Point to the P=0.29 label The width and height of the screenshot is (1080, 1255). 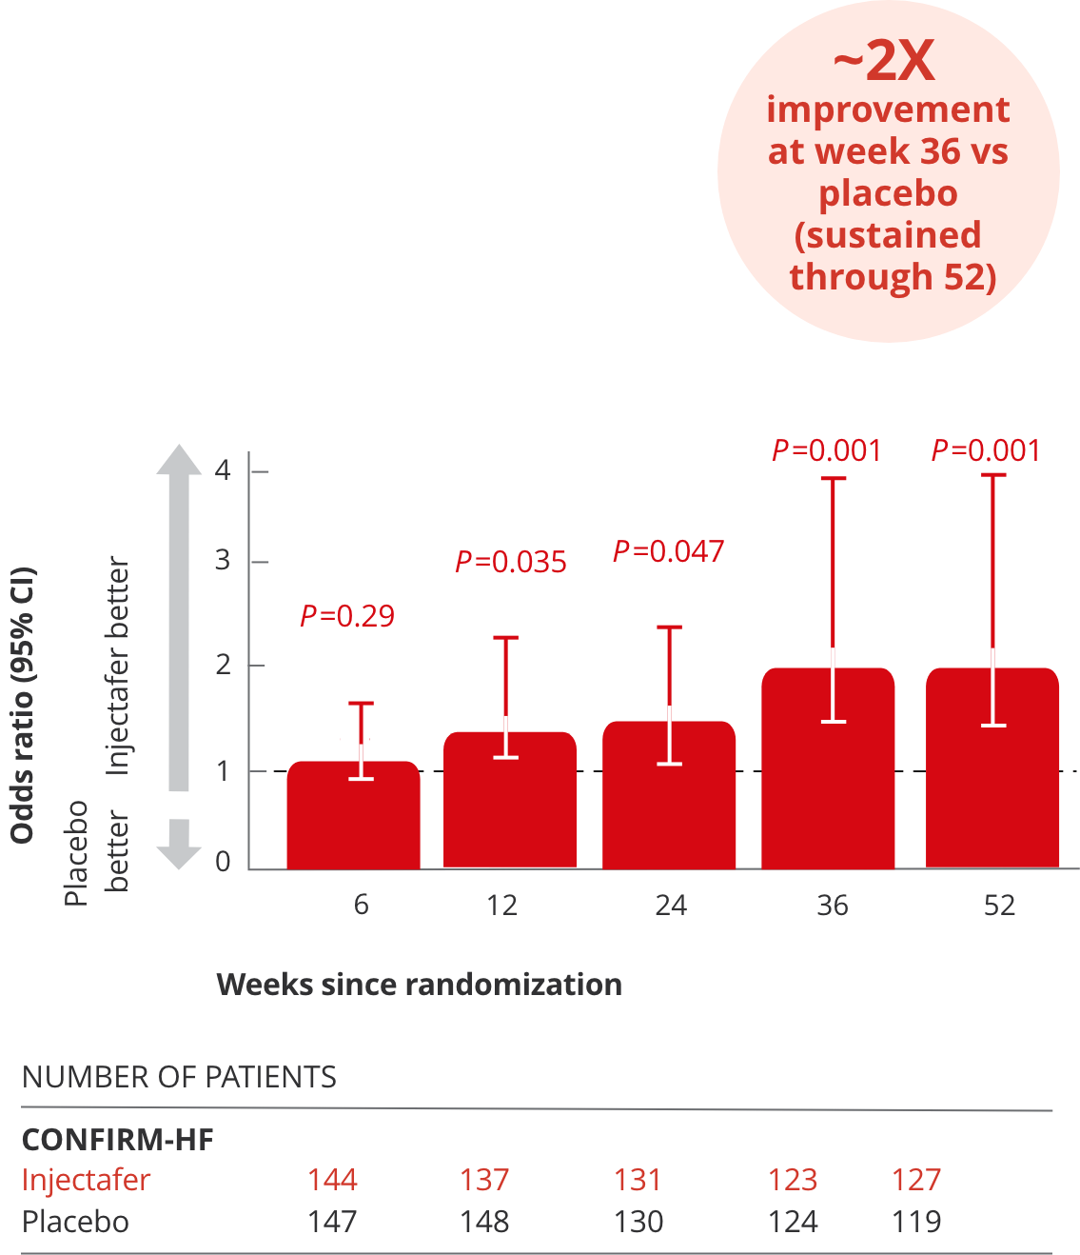tap(347, 616)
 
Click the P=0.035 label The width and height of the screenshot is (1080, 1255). tap(511, 562)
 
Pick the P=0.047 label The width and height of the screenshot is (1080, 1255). tap(669, 551)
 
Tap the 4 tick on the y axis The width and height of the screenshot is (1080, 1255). tap(224, 470)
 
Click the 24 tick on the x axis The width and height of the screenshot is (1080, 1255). tap(671, 905)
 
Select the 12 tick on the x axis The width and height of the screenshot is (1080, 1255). tap(502, 905)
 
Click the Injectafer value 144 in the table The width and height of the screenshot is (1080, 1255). tap(332, 1180)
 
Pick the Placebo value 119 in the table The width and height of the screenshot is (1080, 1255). tap(916, 1222)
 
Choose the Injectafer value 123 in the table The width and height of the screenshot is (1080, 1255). tap(793, 1180)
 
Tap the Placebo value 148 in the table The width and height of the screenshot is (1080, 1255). tap(484, 1222)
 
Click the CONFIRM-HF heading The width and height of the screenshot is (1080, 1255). tap(118, 1140)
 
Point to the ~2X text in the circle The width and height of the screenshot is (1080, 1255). tap(884, 62)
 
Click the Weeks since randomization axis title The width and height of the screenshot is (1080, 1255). tap(420, 984)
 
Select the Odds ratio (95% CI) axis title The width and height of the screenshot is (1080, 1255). tap(23, 706)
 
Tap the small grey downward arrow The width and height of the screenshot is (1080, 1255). tap(179, 844)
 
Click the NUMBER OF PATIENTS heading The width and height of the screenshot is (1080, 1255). tap(179, 1077)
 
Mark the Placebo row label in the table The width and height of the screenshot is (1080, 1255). tap(75, 1222)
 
